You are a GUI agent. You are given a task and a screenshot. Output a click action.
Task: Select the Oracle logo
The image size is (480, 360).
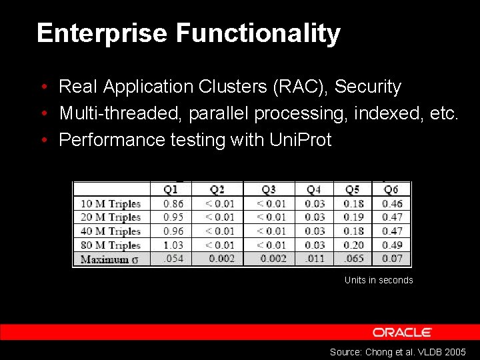402,332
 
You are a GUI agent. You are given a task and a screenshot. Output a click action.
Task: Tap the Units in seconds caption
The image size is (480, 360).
379,280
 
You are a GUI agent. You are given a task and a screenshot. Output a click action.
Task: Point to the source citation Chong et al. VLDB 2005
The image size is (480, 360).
398,351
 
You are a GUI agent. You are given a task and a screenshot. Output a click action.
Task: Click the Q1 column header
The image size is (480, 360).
171,190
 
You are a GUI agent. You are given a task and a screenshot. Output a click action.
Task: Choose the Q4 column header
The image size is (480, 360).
314,190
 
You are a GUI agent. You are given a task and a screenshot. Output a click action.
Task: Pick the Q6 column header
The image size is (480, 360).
391,190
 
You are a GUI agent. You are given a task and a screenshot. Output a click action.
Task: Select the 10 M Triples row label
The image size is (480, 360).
111,204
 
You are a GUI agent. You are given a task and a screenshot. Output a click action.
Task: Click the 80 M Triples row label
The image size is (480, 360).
111,245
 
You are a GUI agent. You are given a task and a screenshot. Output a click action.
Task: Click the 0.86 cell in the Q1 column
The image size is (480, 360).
173,204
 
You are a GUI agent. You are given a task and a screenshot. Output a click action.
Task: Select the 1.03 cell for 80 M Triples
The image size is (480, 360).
173,245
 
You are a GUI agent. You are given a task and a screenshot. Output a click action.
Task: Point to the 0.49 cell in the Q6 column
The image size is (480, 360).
392,245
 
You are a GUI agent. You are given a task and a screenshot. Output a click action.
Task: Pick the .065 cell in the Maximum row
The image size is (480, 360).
353,259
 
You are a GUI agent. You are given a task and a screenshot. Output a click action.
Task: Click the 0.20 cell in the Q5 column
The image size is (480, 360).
353,245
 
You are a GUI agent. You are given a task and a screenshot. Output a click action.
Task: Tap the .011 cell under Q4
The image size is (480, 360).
315,259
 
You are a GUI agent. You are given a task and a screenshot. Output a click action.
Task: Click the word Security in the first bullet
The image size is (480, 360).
368,87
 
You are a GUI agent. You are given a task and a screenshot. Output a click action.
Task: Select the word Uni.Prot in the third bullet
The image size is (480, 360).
300,140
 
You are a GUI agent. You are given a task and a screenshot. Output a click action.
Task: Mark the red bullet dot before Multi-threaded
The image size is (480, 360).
43,114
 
